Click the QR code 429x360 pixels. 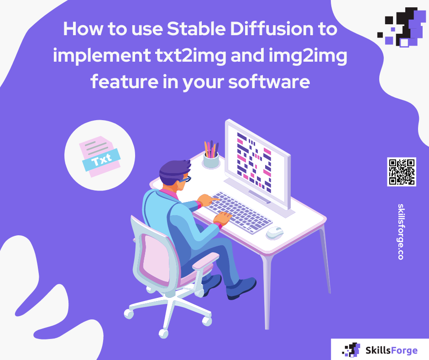pyautogui.click(x=402, y=172)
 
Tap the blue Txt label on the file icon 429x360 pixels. pyautogui.click(x=101, y=161)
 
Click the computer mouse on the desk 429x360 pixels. pyautogui.click(x=275, y=232)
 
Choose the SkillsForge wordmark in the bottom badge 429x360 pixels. pyautogui.click(x=392, y=350)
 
